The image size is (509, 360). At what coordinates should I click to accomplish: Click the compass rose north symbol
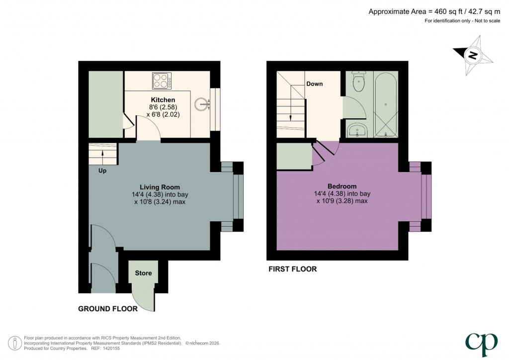[473, 55]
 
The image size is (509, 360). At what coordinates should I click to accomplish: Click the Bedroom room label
[341, 186]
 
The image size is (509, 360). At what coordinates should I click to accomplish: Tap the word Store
[143, 273]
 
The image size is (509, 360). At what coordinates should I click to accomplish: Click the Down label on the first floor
[314, 84]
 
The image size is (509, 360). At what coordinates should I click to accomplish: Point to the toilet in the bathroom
[358, 81]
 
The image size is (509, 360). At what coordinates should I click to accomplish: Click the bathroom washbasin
[357, 130]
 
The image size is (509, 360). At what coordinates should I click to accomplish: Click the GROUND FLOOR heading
[108, 309]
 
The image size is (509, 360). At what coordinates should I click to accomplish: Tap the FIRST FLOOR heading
[292, 269]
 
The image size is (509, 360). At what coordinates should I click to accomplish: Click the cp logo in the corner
[481, 342]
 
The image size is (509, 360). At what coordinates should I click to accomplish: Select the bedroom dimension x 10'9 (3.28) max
[341, 201]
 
